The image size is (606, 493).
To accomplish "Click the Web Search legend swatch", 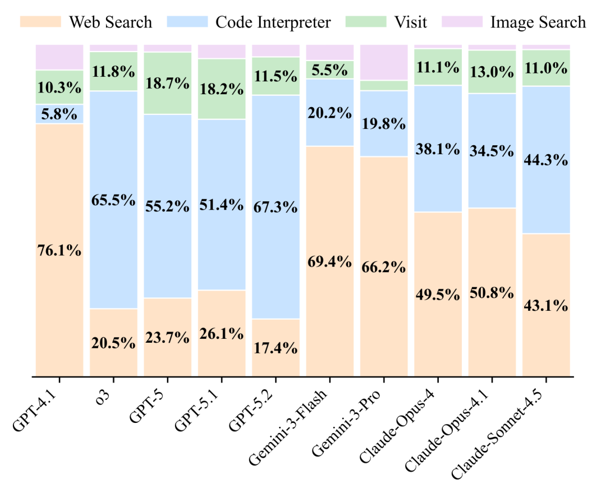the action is point(40,22).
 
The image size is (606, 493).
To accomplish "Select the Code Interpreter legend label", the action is point(273,22).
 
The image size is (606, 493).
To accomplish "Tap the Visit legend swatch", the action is point(366,22).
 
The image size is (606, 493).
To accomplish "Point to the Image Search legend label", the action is point(538,22).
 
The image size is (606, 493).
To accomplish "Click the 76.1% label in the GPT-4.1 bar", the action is point(59,251).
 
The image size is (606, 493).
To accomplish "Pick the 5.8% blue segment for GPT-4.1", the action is point(59,114).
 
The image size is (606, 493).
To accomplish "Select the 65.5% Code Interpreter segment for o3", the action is point(113,200).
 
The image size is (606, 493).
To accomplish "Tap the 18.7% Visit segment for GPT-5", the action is point(168,83).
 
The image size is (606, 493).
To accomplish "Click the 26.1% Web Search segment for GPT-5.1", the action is point(222,333).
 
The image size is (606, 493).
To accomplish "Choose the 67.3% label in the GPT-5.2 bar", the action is point(276,207).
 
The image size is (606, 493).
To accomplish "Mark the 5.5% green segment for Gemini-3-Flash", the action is point(330,70).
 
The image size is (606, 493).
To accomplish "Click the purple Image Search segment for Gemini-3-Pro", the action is point(384,63).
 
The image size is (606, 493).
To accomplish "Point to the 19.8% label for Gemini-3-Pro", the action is point(384,123).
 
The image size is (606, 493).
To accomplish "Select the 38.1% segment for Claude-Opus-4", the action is point(438,149).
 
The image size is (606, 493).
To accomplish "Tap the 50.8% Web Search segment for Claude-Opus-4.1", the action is point(493,292).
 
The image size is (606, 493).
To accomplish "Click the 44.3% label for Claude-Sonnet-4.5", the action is point(546,160).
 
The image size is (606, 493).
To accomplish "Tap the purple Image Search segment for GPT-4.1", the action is point(59,57).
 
